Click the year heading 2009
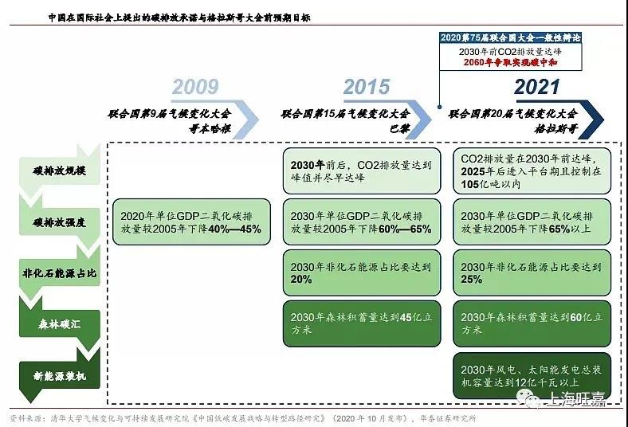click(195, 87)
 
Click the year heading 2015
click(367, 87)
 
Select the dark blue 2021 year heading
click(536, 87)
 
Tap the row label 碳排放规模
click(59, 171)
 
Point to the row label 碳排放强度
click(59, 222)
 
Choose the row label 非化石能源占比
click(59, 273)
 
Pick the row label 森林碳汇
click(59, 324)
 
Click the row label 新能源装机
click(59, 376)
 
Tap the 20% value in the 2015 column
click(301, 280)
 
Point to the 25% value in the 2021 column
click(472, 280)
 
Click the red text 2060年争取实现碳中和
click(510, 62)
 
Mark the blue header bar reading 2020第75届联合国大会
click(510, 37)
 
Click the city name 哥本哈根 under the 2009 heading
click(210, 129)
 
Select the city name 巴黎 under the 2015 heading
click(399, 129)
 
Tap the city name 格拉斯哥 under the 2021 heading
click(556, 129)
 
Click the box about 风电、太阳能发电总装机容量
click(532, 376)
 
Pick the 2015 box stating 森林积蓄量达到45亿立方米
click(362, 323)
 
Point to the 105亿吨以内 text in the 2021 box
click(491, 184)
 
